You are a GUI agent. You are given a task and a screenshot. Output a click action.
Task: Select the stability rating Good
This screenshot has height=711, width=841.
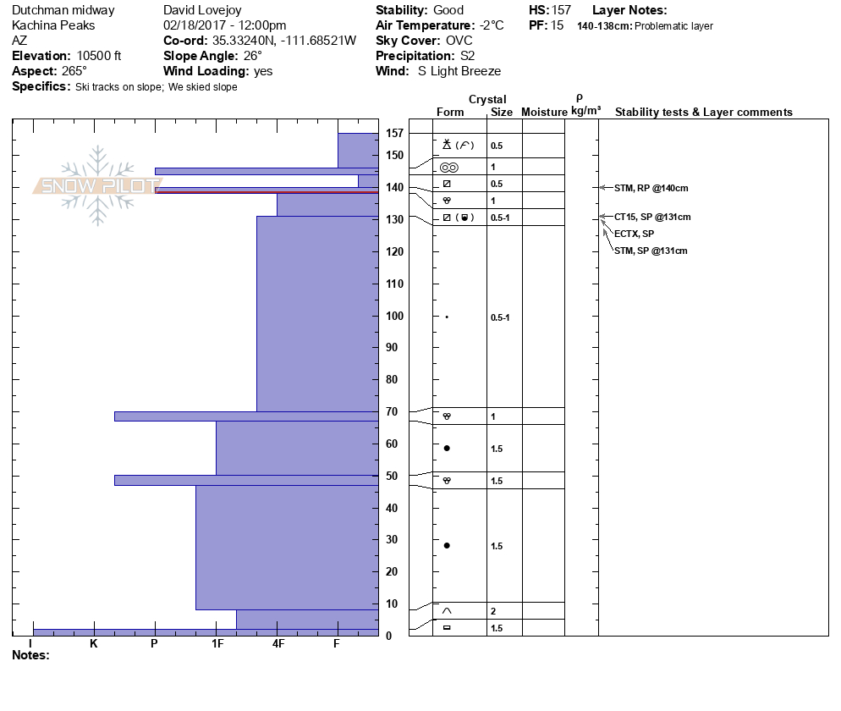coord(448,10)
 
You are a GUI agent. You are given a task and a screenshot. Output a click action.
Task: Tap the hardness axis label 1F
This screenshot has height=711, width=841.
coord(217,644)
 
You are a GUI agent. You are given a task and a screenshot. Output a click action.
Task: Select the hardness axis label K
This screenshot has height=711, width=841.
coord(94,644)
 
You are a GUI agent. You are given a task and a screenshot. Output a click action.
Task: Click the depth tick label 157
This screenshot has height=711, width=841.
coord(393,134)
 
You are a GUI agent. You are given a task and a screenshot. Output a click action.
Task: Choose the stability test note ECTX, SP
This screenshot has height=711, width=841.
coord(634,234)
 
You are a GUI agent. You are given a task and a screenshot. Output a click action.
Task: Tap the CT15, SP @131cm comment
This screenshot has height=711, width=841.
coord(652,218)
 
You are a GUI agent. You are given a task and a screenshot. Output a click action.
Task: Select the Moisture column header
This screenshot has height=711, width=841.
coord(544,113)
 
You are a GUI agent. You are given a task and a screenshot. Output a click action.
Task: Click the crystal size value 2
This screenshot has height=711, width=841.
coord(493,611)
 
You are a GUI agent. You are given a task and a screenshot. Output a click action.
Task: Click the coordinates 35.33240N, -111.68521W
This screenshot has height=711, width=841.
coord(283,41)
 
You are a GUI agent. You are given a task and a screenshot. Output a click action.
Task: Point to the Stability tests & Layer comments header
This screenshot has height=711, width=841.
coord(703,113)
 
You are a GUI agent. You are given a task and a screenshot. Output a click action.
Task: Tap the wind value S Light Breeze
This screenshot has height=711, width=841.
coord(459,71)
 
